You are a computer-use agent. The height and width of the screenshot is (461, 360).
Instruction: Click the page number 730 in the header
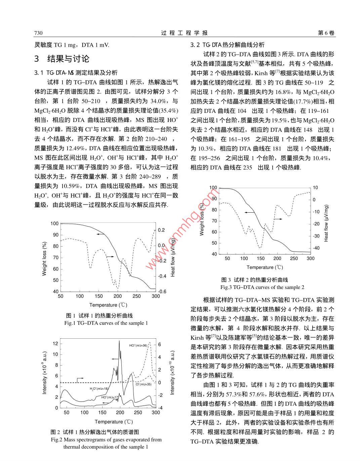(x=38, y=33)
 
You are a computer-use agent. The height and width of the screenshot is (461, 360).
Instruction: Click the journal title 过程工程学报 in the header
(x=184, y=33)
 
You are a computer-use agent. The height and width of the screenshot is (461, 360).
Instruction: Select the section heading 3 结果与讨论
(x=62, y=59)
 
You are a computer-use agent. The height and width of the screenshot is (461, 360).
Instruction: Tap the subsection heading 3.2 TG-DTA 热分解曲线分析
(x=228, y=45)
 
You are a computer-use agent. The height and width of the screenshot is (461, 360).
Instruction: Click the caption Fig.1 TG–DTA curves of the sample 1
(x=106, y=323)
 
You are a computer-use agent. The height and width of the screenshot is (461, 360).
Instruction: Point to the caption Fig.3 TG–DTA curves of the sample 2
(x=262, y=287)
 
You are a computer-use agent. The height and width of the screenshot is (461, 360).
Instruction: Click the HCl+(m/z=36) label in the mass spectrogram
(x=138, y=345)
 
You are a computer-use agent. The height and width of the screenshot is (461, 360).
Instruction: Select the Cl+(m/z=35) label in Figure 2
(x=144, y=384)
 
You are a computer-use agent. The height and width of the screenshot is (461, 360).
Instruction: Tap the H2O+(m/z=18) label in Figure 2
(x=99, y=389)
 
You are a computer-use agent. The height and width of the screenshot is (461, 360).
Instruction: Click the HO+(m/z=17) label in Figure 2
(x=110, y=397)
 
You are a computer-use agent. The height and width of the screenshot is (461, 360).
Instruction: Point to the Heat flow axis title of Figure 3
(x=326, y=223)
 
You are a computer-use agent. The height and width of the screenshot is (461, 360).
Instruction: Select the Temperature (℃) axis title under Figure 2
(x=114, y=422)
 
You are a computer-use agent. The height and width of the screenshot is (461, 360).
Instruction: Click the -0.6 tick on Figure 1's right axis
(x=162, y=292)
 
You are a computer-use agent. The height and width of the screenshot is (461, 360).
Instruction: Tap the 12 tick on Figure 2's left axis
(x=55, y=344)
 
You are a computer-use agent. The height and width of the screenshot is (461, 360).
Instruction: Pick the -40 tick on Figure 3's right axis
(x=316, y=248)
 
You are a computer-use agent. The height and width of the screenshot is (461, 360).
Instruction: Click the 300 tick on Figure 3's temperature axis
(x=310, y=258)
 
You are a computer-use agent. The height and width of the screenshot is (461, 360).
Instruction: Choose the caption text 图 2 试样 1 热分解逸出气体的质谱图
(x=95, y=432)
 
